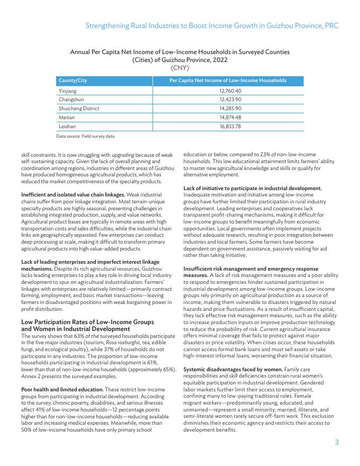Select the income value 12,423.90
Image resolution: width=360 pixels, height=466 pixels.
pyautogui.click(x=230, y=100)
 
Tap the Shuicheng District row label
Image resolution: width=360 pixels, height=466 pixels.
pyautogui.click(x=79, y=109)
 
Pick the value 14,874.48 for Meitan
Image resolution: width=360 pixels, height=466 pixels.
pyautogui.click(x=230, y=118)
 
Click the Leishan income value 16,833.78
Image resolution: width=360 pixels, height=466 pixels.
pyautogui.click(x=230, y=127)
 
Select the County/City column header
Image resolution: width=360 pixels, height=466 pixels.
pyautogui.click(x=73, y=80)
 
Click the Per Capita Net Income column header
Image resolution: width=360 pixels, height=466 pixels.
pyautogui.click(x=228, y=80)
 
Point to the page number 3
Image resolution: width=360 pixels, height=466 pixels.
pyautogui.click(x=336, y=442)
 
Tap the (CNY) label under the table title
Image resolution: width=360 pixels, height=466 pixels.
pyautogui.click(x=179, y=68)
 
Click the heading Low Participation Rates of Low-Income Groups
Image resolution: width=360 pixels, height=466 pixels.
pyautogui.click(x=87, y=322)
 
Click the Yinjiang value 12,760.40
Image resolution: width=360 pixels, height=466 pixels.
pyautogui.click(x=230, y=91)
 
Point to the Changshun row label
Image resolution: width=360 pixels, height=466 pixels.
pyautogui.click(x=69, y=100)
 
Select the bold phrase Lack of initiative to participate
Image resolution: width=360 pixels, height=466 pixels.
pyautogui.click(x=253, y=189)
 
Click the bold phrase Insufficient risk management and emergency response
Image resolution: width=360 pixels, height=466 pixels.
pyautogui.click(x=250, y=269)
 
